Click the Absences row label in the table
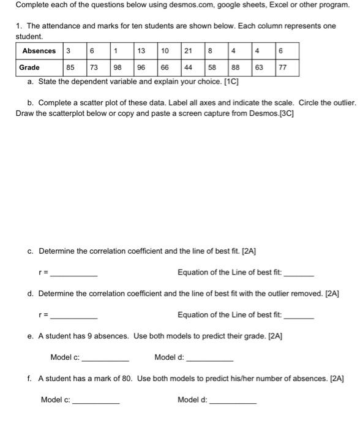39,51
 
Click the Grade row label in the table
29,67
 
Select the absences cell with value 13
141,51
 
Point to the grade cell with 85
72,67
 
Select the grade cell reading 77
282,67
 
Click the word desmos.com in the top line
177,5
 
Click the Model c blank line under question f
96,401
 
